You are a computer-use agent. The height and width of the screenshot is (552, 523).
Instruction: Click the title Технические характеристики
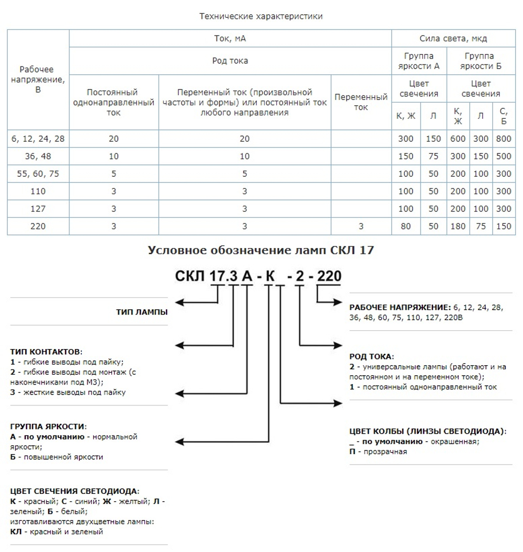tap(261, 16)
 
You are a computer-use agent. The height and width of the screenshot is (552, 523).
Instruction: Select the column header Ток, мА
tap(230, 38)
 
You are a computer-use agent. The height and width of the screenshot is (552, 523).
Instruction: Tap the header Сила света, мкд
tap(453, 38)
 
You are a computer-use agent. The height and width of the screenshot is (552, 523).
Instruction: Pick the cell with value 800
tap(503, 139)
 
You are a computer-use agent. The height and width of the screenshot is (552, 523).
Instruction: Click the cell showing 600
tap(458, 139)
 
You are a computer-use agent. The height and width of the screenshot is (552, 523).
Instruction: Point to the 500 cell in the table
tap(503, 156)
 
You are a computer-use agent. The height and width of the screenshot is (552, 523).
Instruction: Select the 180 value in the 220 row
tap(458, 227)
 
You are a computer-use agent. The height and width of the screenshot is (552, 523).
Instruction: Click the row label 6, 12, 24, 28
tap(38, 139)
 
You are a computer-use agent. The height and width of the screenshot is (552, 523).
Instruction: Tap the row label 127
tap(38, 209)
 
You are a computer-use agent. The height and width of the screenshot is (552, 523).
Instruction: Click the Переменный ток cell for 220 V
tap(361, 227)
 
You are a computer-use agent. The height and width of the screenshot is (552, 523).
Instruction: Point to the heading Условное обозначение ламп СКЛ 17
tap(261, 250)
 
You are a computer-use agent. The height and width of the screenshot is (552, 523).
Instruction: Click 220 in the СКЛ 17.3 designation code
tap(329, 276)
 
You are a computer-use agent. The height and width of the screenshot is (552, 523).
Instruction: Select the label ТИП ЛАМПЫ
tap(142, 312)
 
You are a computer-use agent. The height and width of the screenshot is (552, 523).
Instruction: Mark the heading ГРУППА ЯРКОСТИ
tap(48, 426)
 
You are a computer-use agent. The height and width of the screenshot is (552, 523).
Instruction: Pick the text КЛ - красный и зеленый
tap(56, 532)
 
